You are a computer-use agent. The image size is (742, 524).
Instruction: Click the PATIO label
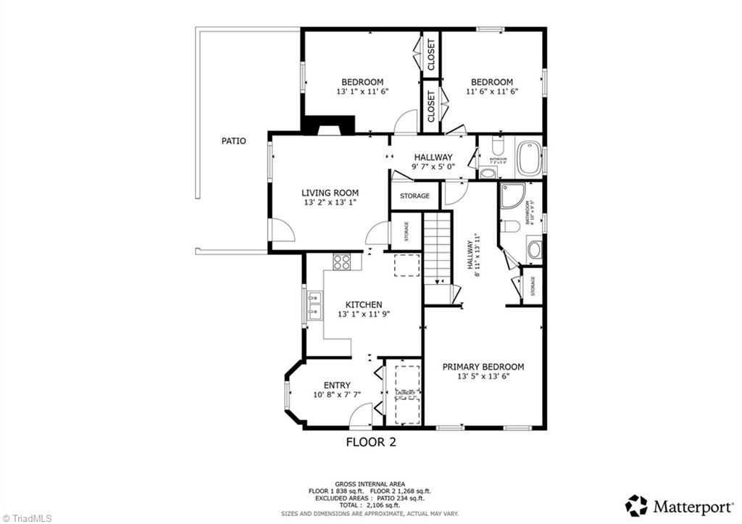(x=233, y=141)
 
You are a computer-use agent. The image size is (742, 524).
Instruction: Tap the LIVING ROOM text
(x=330, y=193)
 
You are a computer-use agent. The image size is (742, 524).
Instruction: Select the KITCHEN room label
(x=363, y=304)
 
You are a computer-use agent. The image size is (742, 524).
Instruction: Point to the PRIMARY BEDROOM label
(x=483, y=367)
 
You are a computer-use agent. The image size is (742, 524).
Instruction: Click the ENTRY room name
(x=337, y=385)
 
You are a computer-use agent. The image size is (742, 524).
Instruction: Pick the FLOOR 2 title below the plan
(x=371, y=441)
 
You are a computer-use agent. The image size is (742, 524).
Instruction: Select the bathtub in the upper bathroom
(x=529, y=159)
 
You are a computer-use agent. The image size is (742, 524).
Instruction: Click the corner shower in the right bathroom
(x=512, y=196)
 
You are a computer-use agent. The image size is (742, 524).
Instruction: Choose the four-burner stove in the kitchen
(x=341, y=262)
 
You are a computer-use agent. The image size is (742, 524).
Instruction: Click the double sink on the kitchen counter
(x=314, y=305)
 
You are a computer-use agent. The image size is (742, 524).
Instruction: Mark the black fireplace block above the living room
(x=328, y=126)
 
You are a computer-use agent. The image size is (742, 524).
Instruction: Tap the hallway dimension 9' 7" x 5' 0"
(x=433, y=167)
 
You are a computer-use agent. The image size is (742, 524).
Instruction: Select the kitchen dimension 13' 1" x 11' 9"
(x=363, y=315)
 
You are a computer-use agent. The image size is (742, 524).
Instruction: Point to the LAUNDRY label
(x=405, y=393)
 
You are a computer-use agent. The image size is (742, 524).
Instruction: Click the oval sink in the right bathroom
(x=534, y=250)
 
